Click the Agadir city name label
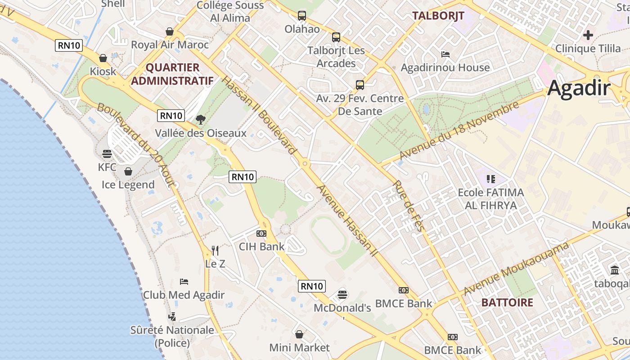579,88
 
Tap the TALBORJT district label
438,16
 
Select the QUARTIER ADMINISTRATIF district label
172,74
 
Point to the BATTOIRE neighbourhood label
507,302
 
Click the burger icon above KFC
107,154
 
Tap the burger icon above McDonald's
342,295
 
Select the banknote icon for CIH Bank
261,234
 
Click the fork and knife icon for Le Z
215,250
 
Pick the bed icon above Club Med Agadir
184,282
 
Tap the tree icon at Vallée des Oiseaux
201,120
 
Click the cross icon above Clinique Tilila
588,35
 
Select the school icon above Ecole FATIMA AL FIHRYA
490,179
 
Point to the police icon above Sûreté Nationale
172,317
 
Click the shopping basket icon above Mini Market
299,334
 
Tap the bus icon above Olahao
302,16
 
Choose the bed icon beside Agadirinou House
445,54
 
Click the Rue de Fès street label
409,206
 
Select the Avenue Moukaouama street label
517,269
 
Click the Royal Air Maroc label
170,45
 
